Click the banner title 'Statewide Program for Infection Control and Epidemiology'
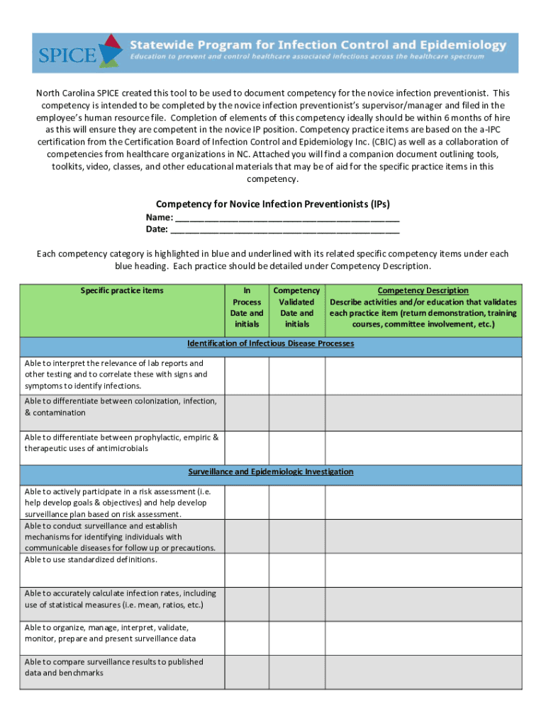point(318,45)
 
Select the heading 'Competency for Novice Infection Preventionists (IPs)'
point(272,204)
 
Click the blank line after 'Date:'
point(285,229)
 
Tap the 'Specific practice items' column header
point(122,290)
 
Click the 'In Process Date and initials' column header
point(247,307)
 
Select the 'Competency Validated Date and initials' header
point(296,307)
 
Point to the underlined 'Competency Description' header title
point(423,290)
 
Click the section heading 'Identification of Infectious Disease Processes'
point(270,343)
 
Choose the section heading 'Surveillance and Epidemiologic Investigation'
point(270,472)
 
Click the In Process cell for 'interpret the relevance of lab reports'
point(247,375)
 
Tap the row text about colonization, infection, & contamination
point(121,406)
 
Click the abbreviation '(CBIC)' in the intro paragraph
point(386,142)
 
